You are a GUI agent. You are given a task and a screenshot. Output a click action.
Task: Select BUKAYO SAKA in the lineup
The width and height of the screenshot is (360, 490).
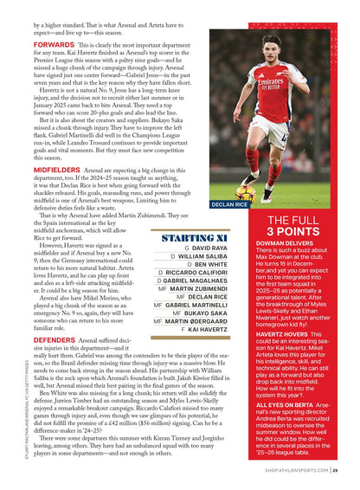205,313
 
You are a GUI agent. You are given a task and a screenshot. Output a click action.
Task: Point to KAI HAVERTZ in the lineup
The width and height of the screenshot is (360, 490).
209,330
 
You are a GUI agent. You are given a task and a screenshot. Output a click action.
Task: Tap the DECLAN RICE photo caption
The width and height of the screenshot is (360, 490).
229,205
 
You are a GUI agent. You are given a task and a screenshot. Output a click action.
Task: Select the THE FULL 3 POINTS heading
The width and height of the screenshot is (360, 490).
292,227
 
